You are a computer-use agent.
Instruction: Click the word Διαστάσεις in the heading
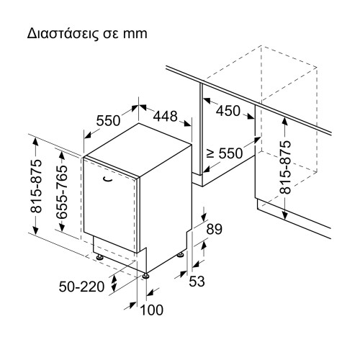(56, 35)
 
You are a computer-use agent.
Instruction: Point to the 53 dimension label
(197, 281)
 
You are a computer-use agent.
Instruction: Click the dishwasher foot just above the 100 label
(146, 274)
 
